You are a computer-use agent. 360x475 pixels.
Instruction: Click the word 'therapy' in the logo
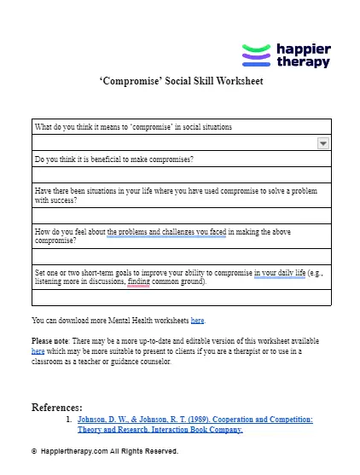(x=303, y=62)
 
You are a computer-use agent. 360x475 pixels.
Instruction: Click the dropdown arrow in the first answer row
(x=323, y=144)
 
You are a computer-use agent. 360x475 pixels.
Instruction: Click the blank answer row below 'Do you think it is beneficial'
(x=181, y=175)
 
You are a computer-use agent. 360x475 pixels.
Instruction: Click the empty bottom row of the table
(x=181, y=298)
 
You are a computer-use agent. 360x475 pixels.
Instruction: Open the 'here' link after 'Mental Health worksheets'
(x=197, y=321)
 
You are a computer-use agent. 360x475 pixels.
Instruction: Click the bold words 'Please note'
(x=50, y=340)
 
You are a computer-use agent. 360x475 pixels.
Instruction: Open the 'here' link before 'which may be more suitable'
(x=38, y=350)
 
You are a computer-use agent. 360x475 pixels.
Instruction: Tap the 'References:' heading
(x=56, y=407)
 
